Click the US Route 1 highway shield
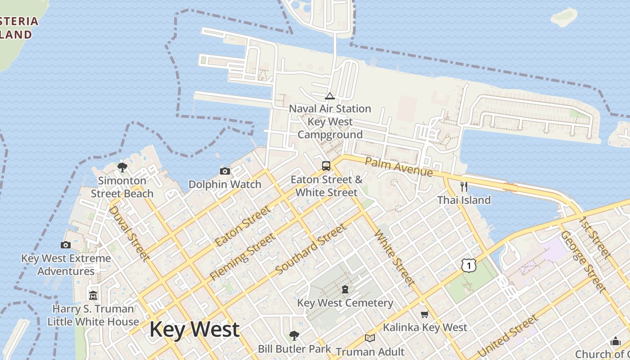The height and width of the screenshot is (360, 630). tap(469, 265)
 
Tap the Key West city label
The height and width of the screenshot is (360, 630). tap(194, 329)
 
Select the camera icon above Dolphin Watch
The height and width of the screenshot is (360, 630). tap(225, 171)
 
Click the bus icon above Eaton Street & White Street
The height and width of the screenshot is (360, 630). tap(326, 166)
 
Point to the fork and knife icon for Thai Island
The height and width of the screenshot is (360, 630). tap(464, 186)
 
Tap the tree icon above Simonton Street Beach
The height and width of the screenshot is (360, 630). tap(122, 167)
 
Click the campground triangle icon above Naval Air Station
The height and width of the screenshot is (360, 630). tap(330, 96)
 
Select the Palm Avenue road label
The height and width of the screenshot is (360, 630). tap(398, 167)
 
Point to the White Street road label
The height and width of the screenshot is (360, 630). tap(394, 257)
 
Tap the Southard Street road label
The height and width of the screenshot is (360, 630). tap(311, 248)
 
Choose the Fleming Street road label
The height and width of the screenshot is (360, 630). tap(242, 256)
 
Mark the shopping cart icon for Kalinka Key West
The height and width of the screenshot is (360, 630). tap(424, 314)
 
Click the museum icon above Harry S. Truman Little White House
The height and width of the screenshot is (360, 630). tap(93, 295)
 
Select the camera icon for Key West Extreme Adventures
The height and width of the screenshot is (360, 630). tap(66, 245)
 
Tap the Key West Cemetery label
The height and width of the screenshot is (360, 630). tap(345, 303)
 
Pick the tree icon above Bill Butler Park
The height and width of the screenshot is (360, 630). tap(294, 335)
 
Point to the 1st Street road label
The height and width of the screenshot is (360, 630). tap(595, 238)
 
